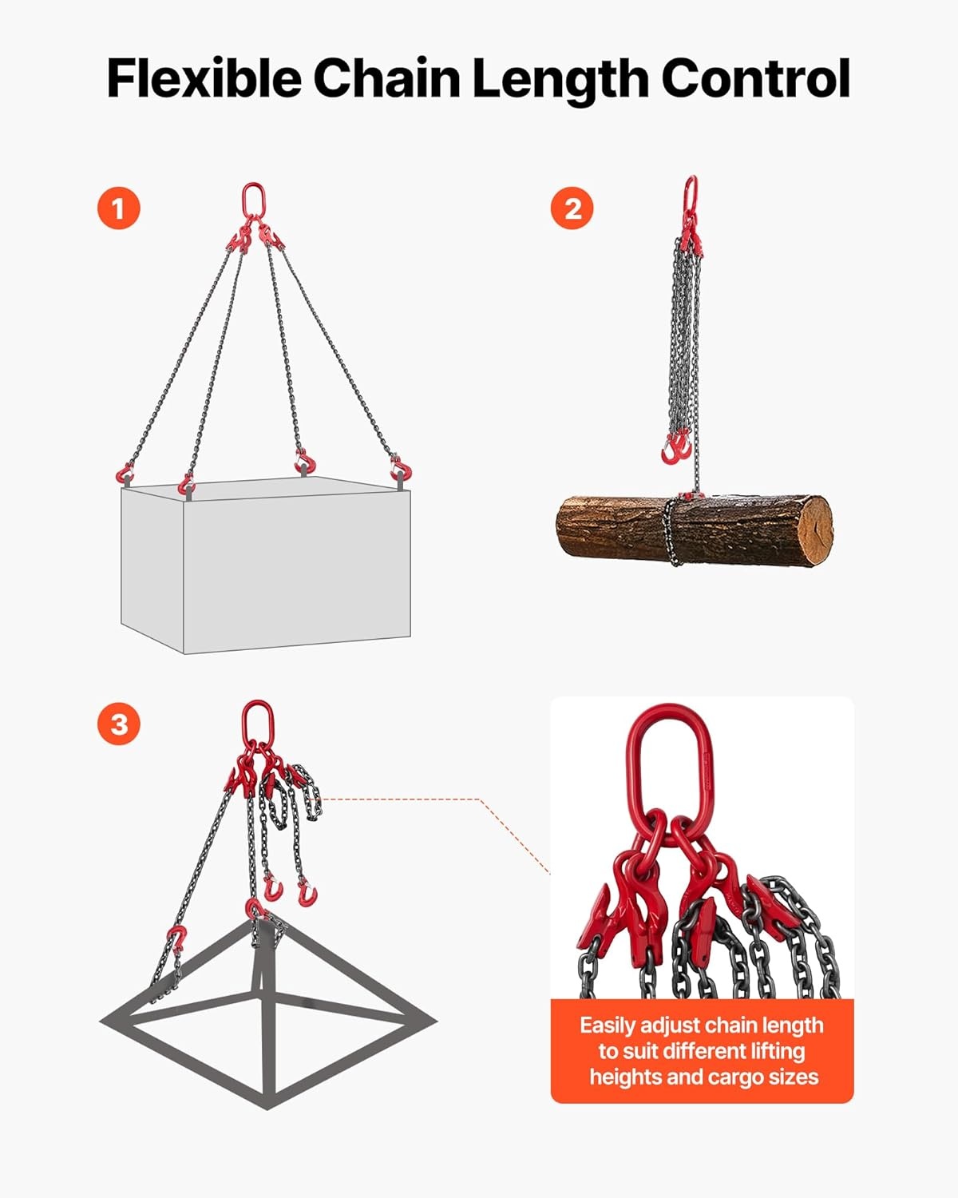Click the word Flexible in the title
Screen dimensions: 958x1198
204,79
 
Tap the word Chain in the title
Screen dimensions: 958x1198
387,79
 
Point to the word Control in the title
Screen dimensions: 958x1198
756,79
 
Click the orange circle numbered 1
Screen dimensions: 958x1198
119,208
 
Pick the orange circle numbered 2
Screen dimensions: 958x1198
572,208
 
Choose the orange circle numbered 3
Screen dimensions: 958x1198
119,724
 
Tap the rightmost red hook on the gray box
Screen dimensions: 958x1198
402,469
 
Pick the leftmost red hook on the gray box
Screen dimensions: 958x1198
125,474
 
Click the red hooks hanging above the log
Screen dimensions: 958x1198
675,446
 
